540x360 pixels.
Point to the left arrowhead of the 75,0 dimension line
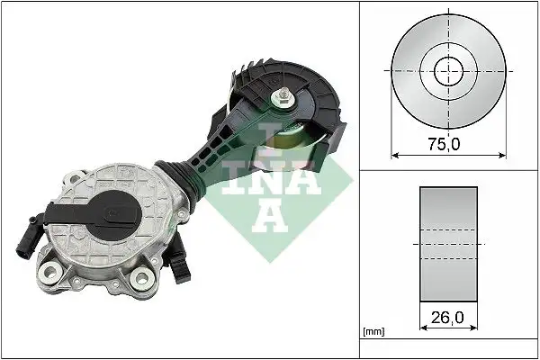coord(394,154)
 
